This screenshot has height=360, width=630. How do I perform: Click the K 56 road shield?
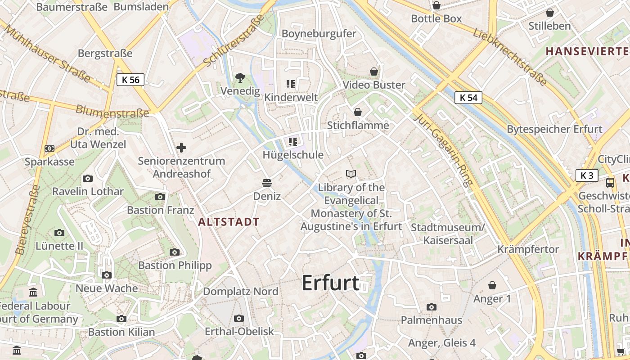tap(130, 80)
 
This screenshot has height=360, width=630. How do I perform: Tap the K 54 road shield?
tap(468, 98)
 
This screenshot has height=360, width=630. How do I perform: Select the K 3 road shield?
tap(587, 175)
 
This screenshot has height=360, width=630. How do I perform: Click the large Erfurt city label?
tap(331, 283)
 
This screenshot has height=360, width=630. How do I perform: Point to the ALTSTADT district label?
tap(229, 222)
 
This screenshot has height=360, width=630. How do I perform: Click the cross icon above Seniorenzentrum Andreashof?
tap(181, 148)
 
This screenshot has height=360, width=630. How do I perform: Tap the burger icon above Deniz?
tap(267, 183)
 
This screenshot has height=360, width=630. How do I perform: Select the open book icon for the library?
tap(351, 174)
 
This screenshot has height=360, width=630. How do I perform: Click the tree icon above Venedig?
tap(240, 78)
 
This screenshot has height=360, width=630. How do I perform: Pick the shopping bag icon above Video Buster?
tap(374, 72)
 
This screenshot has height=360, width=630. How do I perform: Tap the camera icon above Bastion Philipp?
tap(175, 252)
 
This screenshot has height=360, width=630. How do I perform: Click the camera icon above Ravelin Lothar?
tap(88, 179)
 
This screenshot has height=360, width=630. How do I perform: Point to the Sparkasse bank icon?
tap(49, 148)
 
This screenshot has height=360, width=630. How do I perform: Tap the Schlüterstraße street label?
tap(233, 40)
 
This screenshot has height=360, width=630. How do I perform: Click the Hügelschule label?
tap(293, 155)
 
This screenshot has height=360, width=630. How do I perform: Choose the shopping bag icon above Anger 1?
tap(492, 285)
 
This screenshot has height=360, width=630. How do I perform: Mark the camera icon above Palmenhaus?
tap(432, 307)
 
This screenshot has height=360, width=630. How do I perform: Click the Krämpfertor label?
tap(528, 249)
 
